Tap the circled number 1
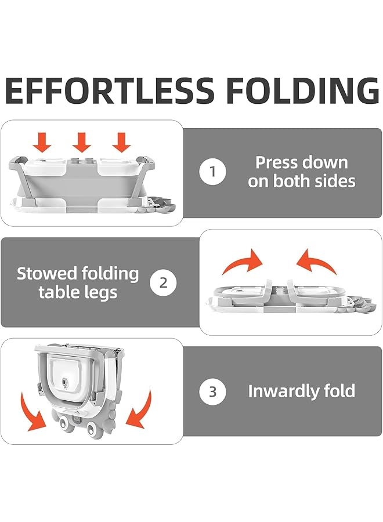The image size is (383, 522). [213, 172]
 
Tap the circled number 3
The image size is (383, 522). [213, 391]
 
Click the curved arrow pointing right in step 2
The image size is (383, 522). [243, 263]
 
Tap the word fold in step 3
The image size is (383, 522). [337, 391]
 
